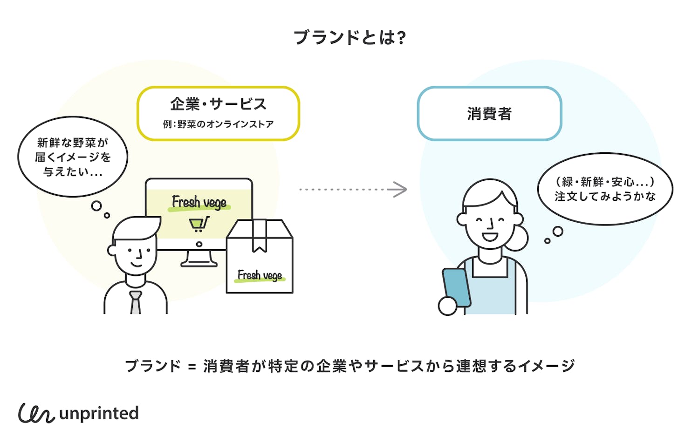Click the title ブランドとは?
click(x=349, y=37)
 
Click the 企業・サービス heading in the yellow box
click(x=218, y=104)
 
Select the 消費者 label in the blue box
click(x=489, y=114)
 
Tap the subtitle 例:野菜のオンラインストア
click(x=218, y=124)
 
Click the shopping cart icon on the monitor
click(x=199, y=224)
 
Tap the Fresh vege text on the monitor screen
click(x=199, y=203)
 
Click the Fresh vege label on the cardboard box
click(x=260, y=276)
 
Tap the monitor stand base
click(x=199, y=263)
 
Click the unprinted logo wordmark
click(x=99, y=413)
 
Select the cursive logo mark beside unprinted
click(x=36, y=413)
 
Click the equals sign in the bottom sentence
click(x=192, y=367)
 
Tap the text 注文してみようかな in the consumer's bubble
click(x=605, y=197)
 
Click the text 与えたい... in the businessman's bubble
click(x=73, y=172)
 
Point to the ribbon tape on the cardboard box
click(x=260, y=235)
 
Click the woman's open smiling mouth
click(x=490, y=237)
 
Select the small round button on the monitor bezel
click(x=199, y=244)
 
